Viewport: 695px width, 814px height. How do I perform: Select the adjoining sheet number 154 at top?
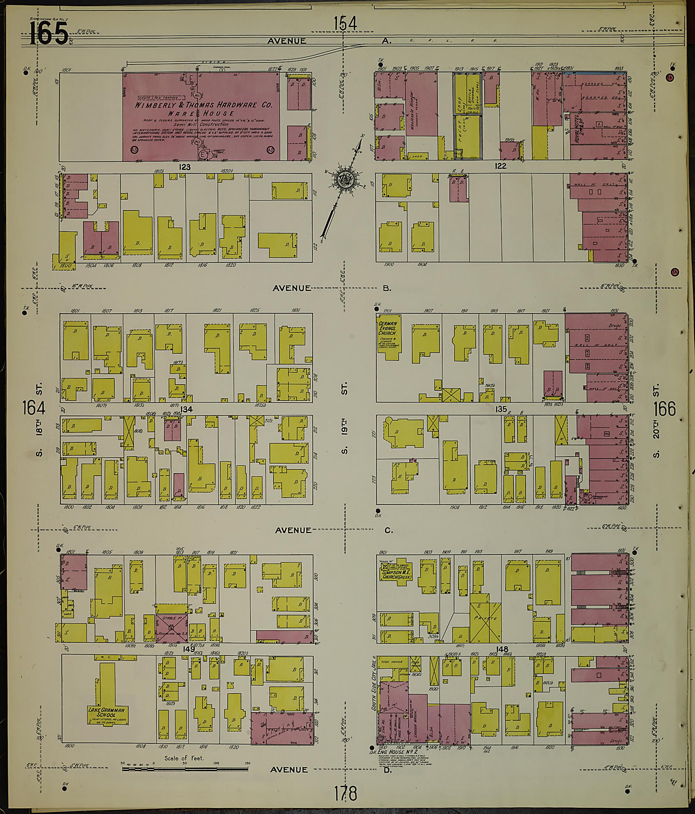coord(345,23)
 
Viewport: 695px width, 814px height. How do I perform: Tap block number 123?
coord(185,167)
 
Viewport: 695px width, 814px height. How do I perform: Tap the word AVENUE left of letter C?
coord(293,530)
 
